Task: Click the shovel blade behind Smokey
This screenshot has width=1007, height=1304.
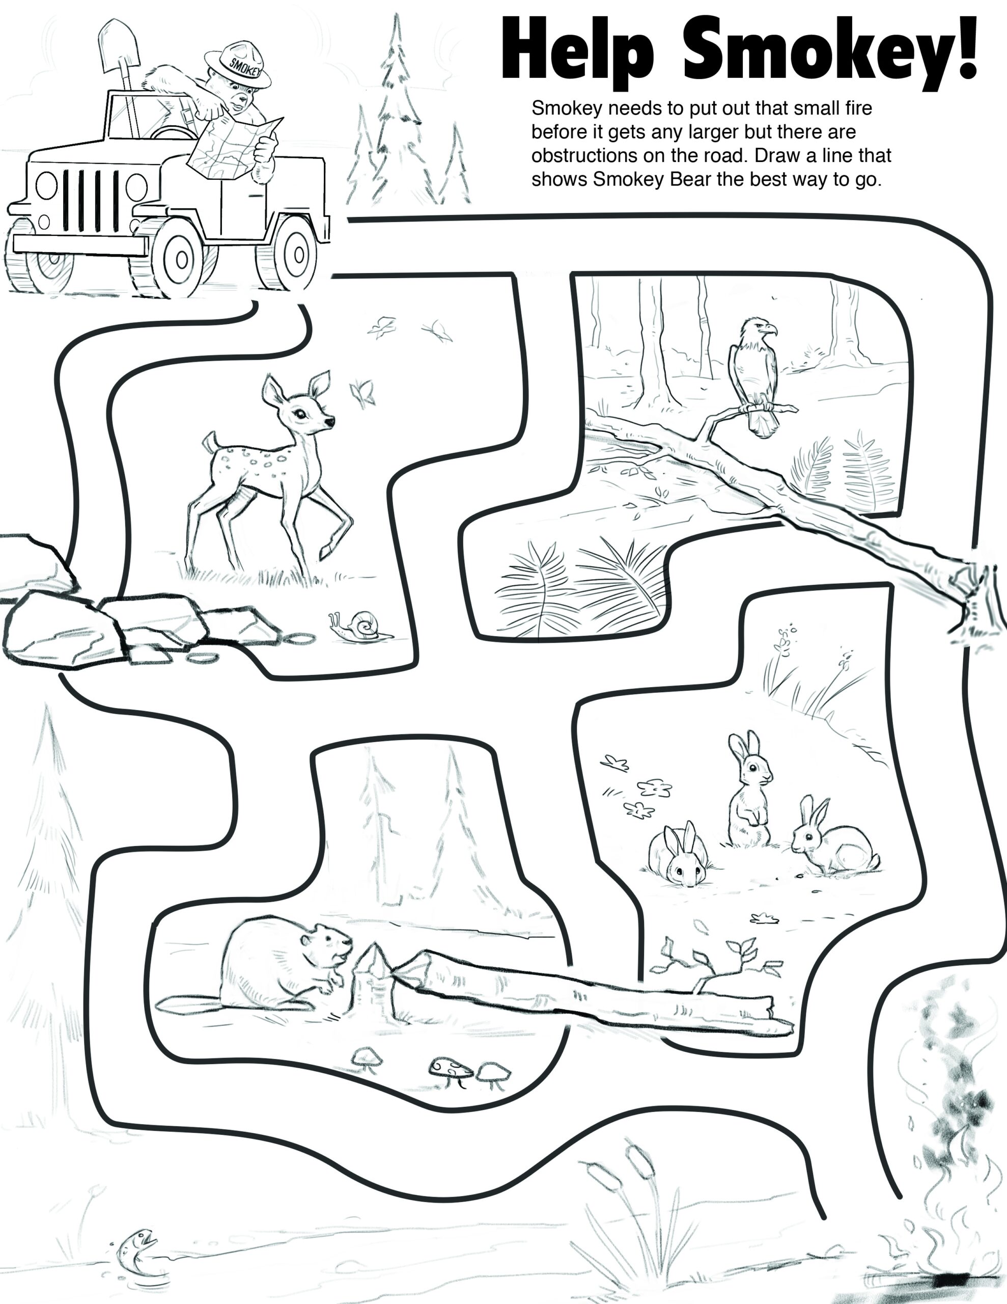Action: (118, 45)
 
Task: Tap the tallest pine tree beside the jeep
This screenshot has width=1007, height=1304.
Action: (397, 114)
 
